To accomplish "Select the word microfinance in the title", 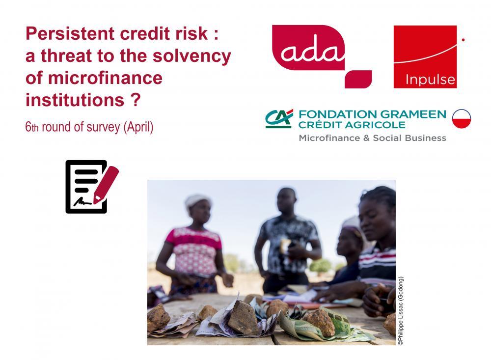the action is tap(105, 78).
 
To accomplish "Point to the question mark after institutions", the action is tap(135, 100).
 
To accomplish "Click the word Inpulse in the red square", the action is tap(430, 80).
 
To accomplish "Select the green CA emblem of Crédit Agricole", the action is tap(279, 119).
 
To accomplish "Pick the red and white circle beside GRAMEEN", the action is tap(461, 119).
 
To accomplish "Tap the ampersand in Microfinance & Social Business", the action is tap(366, 138).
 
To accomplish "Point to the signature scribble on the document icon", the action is tap(82, 201).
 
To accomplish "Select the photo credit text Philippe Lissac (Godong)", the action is tap(401, 311).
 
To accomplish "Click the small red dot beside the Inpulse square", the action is tap(463, 40).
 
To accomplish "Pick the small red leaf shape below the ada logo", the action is tap(358, 79).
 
